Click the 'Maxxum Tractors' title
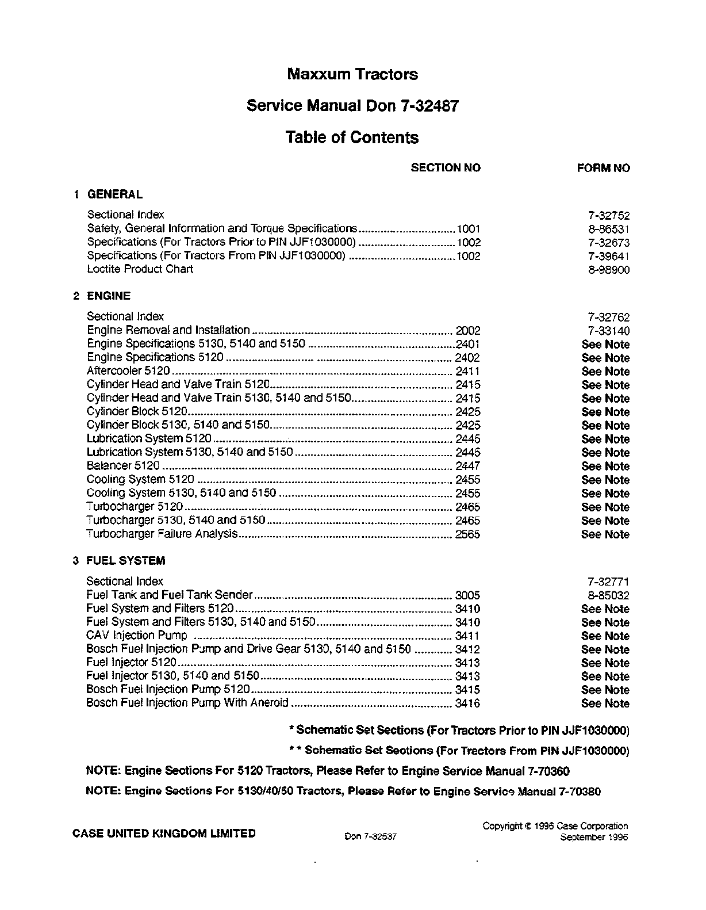click(352, 74)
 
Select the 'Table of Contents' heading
click(352, 137)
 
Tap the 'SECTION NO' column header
click(446, 168)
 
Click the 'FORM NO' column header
click(603, 169)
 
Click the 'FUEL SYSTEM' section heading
click(125, 560)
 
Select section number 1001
click(468, 228)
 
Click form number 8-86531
click(608, 229)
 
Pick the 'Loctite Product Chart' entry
click(140, 269)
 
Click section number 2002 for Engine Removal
click(467, 331)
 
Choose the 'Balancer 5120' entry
click(122, 466)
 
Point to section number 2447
click(467, 467)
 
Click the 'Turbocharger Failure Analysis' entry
click(162, 534)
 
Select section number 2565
click(467, 534)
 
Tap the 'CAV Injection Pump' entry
click(136, 636)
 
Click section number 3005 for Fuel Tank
click(467, 596)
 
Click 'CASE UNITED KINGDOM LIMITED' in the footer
click(164, 833)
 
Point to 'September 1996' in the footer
click(594, 837)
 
